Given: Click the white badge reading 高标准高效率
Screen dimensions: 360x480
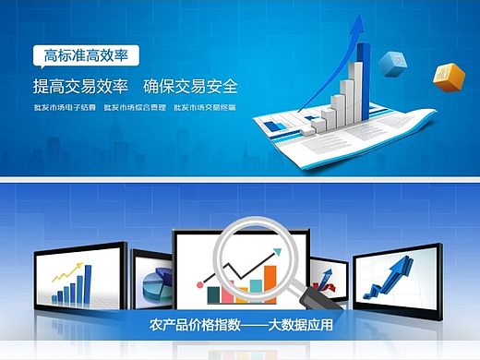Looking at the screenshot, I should point(86,55).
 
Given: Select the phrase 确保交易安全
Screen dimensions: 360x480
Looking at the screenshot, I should point(190,87).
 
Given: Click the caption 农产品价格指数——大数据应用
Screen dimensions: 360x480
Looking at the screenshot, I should point(240,326).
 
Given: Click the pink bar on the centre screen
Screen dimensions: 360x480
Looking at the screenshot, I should point(213,294).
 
